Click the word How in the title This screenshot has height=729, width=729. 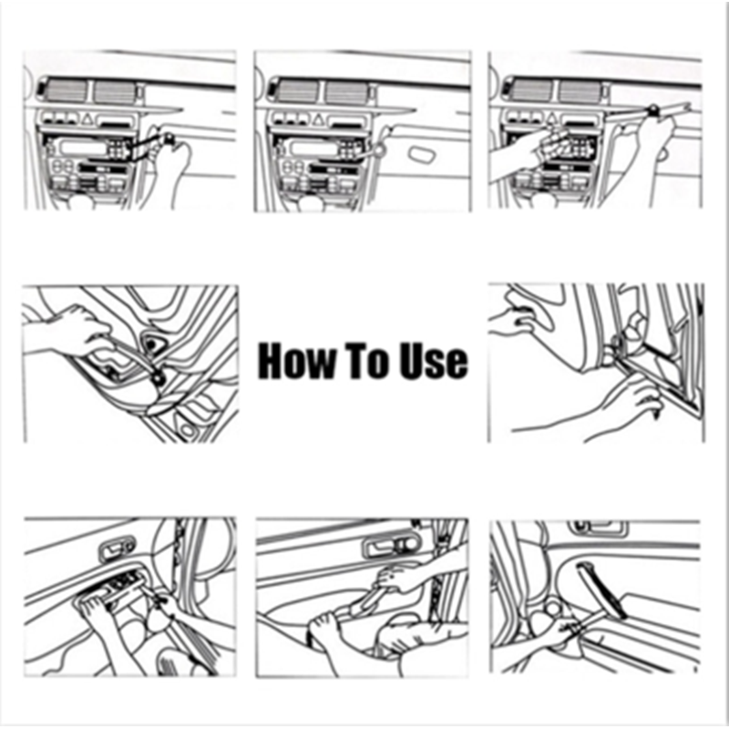click(x=295, y=361)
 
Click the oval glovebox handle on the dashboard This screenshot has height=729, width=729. click(x=423, y=154)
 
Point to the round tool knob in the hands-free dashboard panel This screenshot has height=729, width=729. click(x=380, y=149)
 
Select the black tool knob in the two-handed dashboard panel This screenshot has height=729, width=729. click(x=654, y=109)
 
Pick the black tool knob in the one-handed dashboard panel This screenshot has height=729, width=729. click(x=169, y=138)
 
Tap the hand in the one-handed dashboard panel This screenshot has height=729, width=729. click(x=172, y=172)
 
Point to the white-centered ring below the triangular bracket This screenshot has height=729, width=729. click(x=159, y=378)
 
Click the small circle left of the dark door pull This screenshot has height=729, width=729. click(x=553, y=609)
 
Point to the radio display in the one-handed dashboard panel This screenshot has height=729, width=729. click(x=81, y=148)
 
